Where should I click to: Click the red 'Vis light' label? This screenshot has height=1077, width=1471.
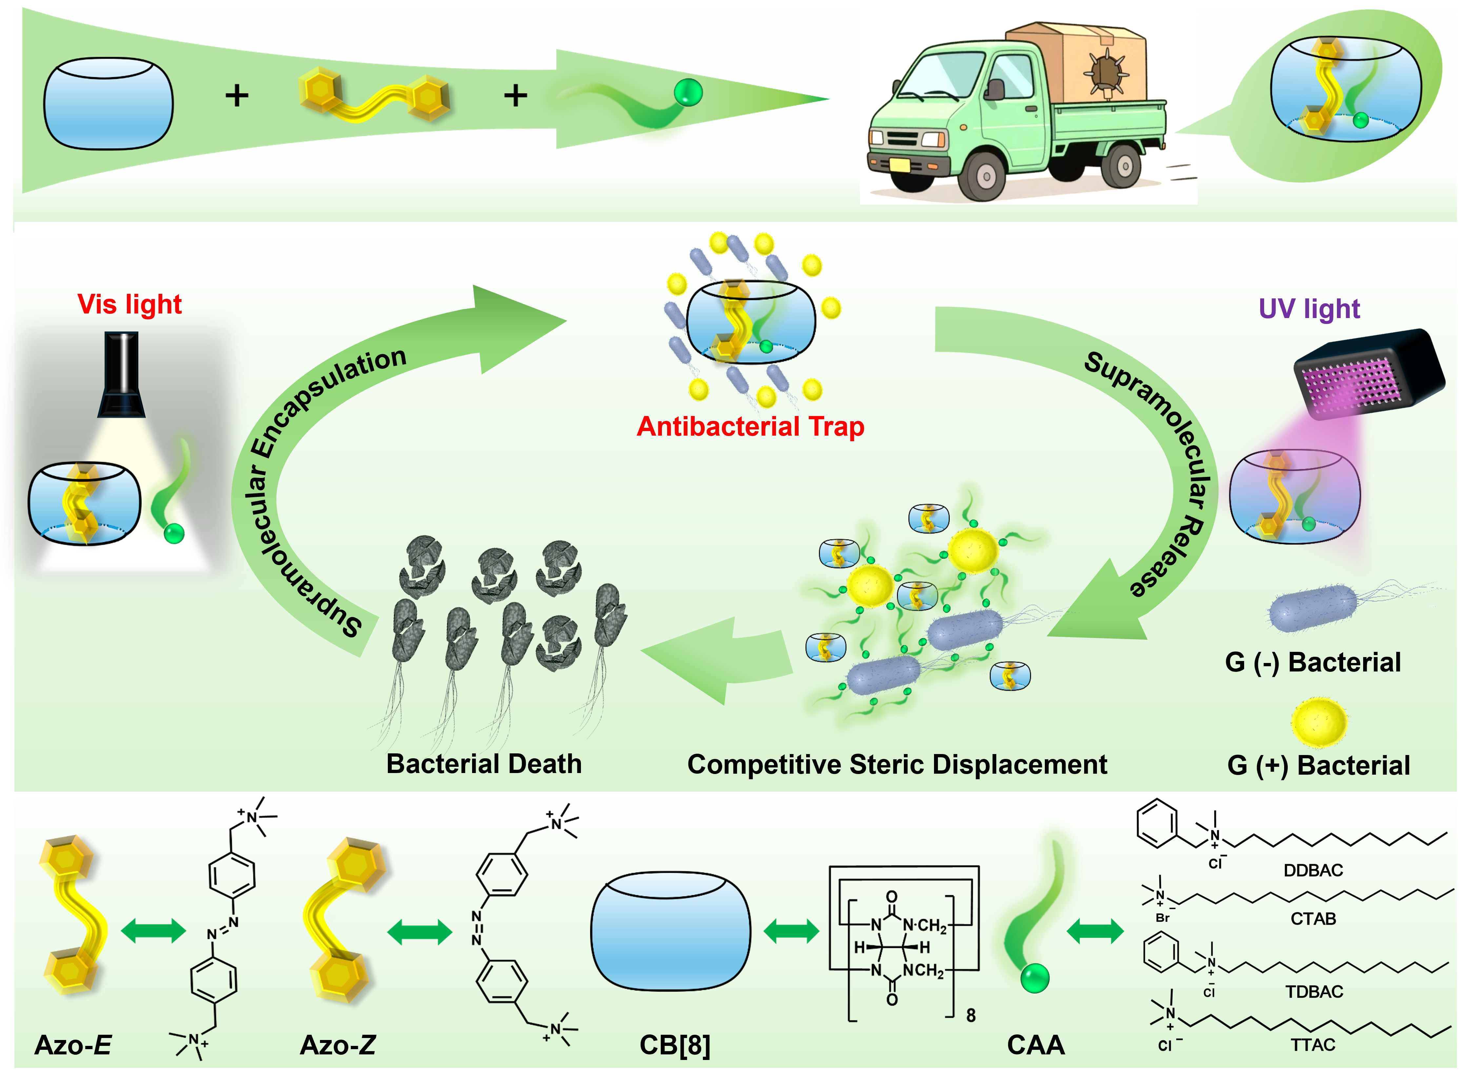coord(129,304)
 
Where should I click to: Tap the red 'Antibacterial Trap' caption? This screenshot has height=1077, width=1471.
coord(750,426)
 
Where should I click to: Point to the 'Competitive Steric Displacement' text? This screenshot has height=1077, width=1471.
coord(897,764)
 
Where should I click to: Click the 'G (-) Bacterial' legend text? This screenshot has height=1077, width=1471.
coord(1312,662)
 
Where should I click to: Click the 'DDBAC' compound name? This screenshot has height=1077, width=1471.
coord(1313,870)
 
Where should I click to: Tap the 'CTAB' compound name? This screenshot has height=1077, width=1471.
coord(1313,918)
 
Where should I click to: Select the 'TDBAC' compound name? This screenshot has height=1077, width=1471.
coord(1314,992)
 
